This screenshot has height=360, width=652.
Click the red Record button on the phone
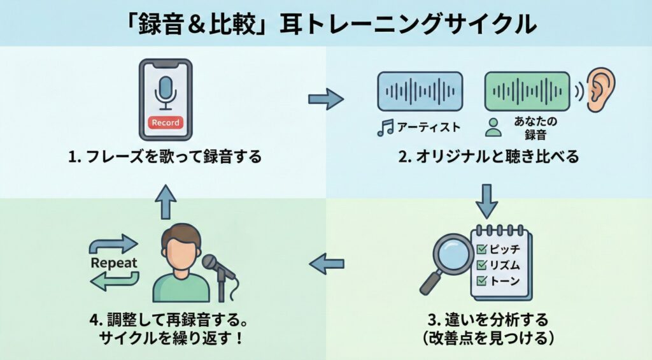click(x=166, y=122)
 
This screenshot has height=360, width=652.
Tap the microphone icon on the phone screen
click(x=166, y=92)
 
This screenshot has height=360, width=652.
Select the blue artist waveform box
click(x=420, y=90)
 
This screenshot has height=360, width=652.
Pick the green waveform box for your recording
click(x=527, y=90)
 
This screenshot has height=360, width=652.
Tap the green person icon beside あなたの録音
click(x=492, y=127)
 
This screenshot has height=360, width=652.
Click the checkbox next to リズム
click(x=482, y=264)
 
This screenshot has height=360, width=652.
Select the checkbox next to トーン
click(x=482, y=280)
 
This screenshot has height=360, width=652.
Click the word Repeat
click(x=114, y=263)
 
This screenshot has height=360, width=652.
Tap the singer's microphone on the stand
click(x=211, y=262)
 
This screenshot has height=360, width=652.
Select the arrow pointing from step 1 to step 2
click(x=325, y=99)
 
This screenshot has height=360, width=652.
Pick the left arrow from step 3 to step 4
click(x=326, y=262)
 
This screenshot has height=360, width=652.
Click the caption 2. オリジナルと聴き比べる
click(x=488, y=157)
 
